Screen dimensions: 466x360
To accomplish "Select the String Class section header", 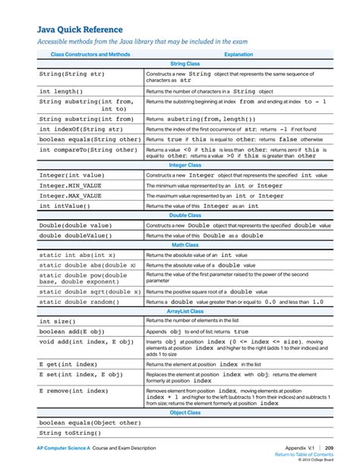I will point(185,65).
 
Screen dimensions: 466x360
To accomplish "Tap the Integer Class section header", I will point(185,164).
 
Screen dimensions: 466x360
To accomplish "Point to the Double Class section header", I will point(185,216).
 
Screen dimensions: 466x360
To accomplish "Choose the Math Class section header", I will point(185,245).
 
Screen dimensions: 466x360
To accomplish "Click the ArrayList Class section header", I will point(185,311).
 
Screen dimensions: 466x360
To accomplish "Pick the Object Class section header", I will point(185,411).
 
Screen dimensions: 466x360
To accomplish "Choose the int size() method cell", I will point(58,322).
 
